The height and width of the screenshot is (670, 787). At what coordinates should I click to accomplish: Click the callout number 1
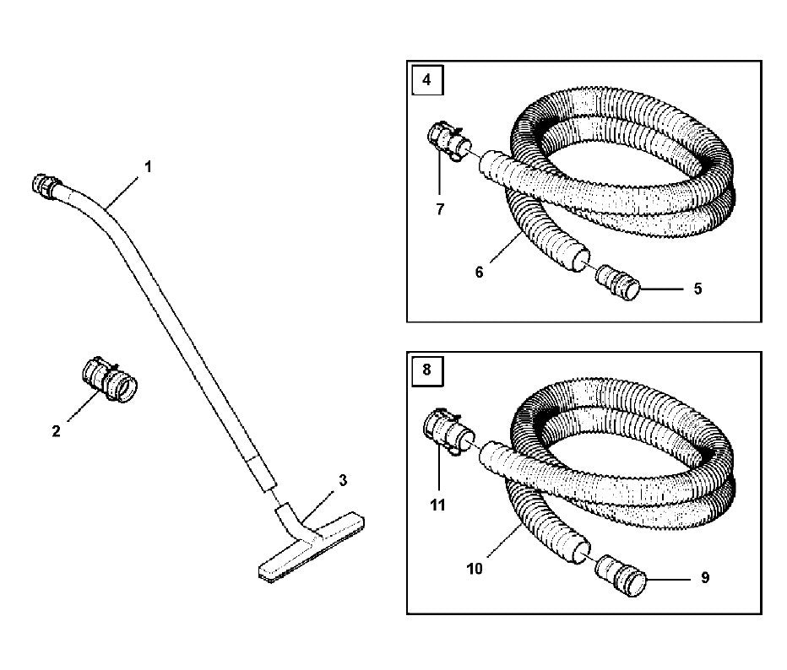coord(148,167)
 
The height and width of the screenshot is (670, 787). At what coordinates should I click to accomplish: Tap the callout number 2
coord(56,431)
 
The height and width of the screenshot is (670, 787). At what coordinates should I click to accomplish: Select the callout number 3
coord(343,480)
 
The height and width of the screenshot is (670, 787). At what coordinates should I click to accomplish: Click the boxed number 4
coord(426,79)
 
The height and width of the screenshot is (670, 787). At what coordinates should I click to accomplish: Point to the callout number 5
coord(697,289)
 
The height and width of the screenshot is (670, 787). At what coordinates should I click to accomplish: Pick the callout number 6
coord(480,273)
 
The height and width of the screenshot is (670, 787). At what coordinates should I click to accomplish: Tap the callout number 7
coord(440,209)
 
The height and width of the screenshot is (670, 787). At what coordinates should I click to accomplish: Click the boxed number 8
coord(426,370)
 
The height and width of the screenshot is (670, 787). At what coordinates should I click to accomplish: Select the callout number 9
coord(705,578)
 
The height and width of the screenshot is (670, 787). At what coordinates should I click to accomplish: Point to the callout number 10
coord(475,569)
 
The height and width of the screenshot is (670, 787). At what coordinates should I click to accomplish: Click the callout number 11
coord(437,505)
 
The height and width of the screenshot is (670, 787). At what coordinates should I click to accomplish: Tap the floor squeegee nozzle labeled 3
coord(312,543)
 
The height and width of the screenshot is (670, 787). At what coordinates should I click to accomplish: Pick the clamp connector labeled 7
coord(450,142)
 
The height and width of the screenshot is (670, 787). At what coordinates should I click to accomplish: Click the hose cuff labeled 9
coord(621,575)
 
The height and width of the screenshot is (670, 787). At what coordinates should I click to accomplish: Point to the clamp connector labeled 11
coord(448,431)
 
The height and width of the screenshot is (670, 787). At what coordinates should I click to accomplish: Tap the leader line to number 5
coord(663,289)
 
